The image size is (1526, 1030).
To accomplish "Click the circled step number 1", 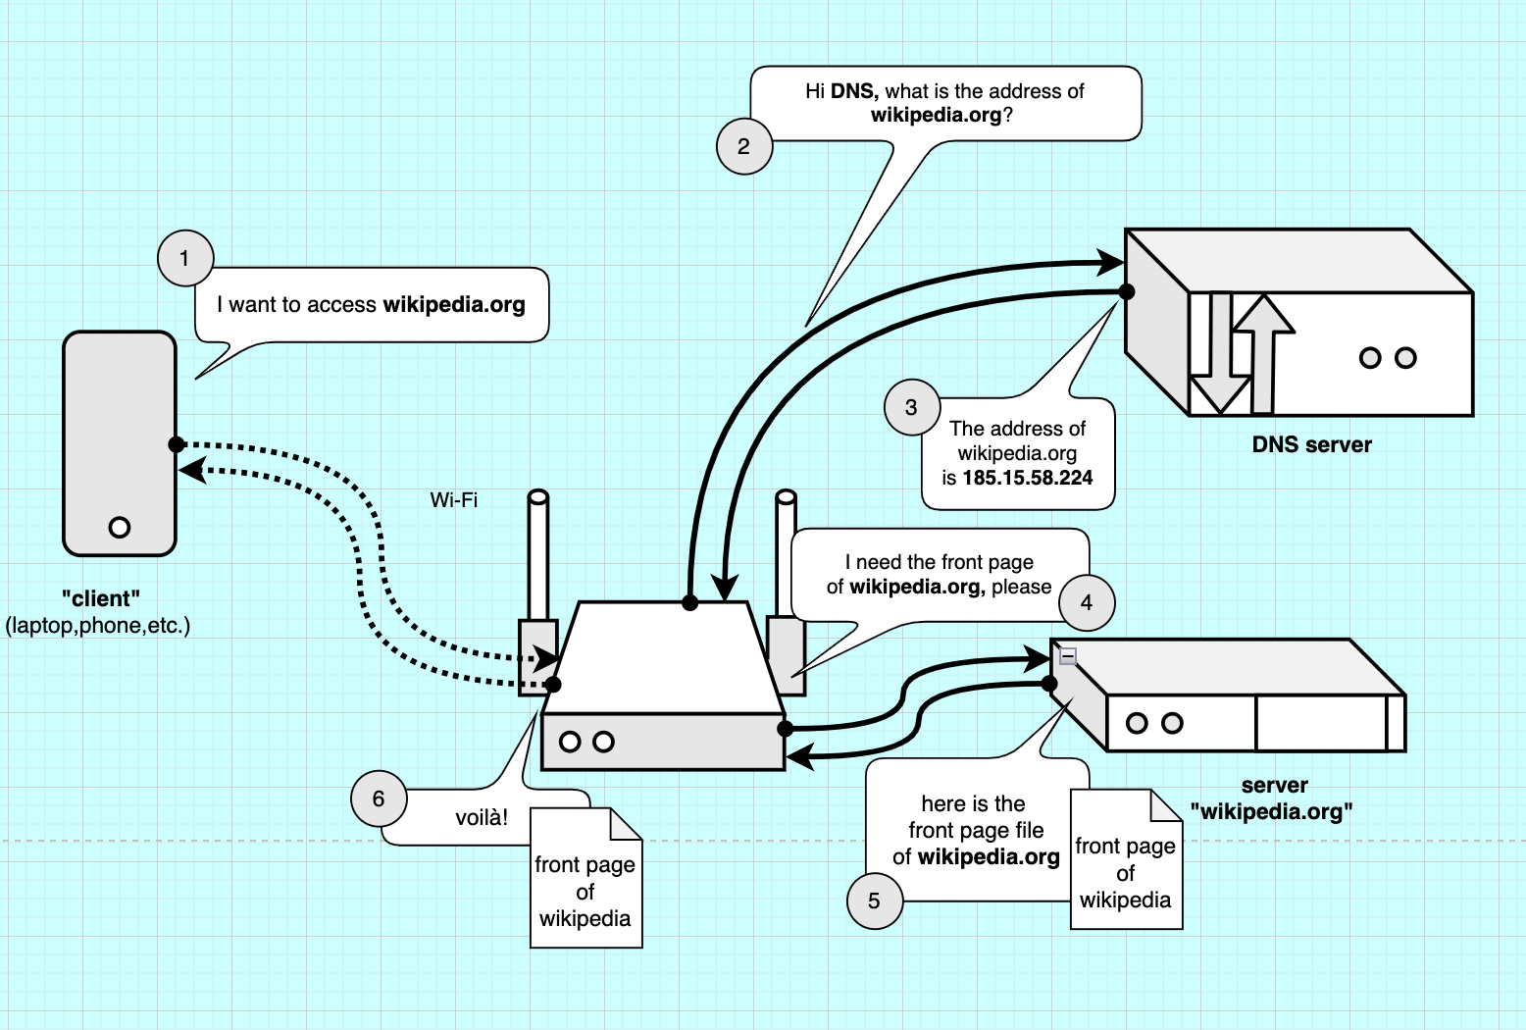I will (x=185, y=259).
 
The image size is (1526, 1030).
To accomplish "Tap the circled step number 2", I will (x=744, y=146).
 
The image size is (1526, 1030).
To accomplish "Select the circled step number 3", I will (x=912, y=407).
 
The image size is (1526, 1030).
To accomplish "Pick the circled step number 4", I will (x=1087, y=602).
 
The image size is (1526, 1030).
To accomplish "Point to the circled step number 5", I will (x=874, y=901).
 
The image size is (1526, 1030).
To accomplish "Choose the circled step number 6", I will (x=380, y=798).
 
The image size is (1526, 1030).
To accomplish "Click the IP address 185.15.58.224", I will (x=1027, y=478).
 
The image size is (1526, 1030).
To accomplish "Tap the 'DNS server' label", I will (x=1311, y=444).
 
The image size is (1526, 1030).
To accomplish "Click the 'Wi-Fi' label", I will (x=453, y=500).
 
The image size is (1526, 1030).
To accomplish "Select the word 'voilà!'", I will (x=482, y=817).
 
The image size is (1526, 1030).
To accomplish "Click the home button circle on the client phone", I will (x=120, y=528).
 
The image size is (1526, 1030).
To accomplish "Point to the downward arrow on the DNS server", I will (x=1219, y=353).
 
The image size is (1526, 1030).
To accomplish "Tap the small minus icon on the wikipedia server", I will (x=1068, y=655).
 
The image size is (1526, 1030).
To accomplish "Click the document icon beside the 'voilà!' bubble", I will (x=585, y=879).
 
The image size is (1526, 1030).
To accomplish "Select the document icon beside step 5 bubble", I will (x=1126, y=860).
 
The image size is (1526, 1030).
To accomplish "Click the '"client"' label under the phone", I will (x=100, y=598).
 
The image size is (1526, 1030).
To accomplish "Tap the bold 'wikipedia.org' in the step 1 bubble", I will (x=454, y=304).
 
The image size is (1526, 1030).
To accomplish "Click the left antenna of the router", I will (x=537, y=554).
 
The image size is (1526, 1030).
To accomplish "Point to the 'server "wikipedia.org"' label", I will (x=1273, y=798).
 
